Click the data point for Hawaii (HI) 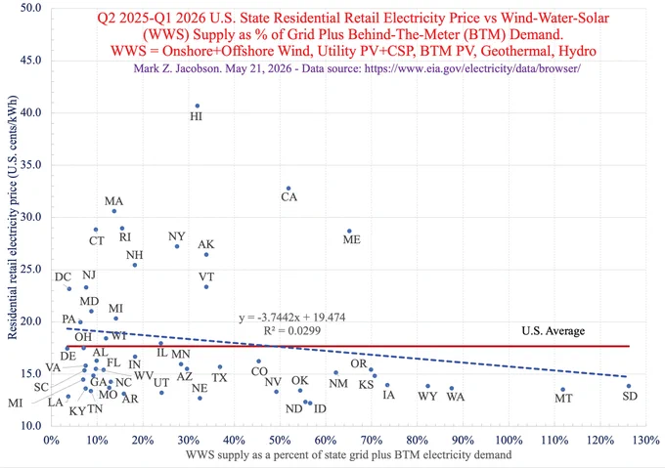(198, 106)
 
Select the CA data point (288, 188)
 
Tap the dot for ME (349, 231)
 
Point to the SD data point (629, 386)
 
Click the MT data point (562, 389)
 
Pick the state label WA (456, 397)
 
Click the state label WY (427, 397)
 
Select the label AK (206, 244)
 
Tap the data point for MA (113, 211)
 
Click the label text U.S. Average (554, 331)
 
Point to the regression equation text (291, 318)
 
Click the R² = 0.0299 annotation (291, 330)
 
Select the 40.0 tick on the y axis (31, 112)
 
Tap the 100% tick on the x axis (509, 440)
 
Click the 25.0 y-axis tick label (31, 269)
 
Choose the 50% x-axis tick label (280, 440)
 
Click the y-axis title (13, 217)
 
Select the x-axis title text (348, 455)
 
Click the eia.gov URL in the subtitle (472, 67)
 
